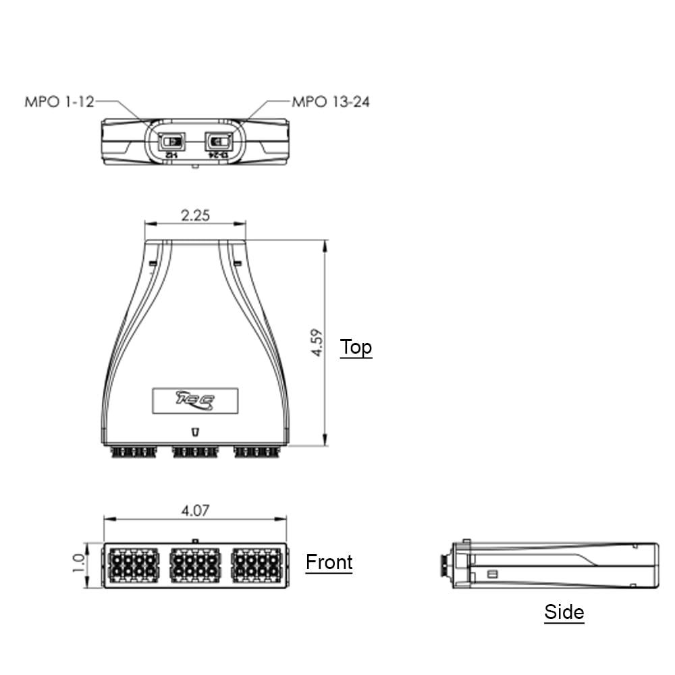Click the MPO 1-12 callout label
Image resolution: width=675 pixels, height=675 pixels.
(x=59, y=102)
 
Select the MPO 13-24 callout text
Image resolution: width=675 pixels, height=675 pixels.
(x=330, y=102)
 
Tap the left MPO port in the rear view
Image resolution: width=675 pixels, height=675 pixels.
(x=172, y=142)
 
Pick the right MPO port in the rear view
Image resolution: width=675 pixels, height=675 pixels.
(x=218, y=142)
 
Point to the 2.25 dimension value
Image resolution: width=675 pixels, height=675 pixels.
(x=195, y=215)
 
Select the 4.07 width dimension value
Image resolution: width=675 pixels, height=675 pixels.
(x=194, y=510)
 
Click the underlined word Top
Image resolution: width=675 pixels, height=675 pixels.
(x=356, y=347)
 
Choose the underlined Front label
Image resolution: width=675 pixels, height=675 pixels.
(x=329, y=562)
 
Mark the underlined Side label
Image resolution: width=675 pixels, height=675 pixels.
(x=564, y=612)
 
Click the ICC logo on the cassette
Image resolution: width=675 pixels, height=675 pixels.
(x=195, y=400)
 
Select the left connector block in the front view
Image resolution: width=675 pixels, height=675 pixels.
(x=133, y=566)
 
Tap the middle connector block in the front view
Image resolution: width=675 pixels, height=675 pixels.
(x=194, y=566)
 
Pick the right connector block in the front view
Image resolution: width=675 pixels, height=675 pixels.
(x=256, y=566)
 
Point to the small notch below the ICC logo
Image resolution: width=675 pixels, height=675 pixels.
(x=195, y=431)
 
